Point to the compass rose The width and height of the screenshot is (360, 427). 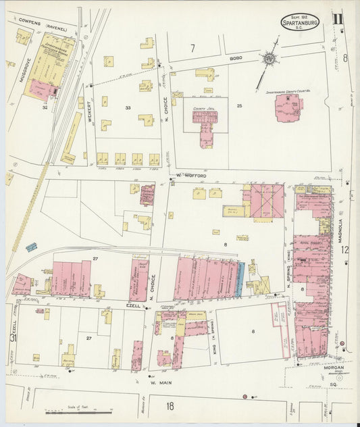point(270,61)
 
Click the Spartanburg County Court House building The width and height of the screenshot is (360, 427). point(289,107)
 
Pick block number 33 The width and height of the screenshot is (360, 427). point(127,107)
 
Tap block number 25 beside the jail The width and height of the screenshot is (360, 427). point(238,106)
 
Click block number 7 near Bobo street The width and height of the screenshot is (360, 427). point(192,48)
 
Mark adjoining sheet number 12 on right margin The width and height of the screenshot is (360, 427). point(344,249)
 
